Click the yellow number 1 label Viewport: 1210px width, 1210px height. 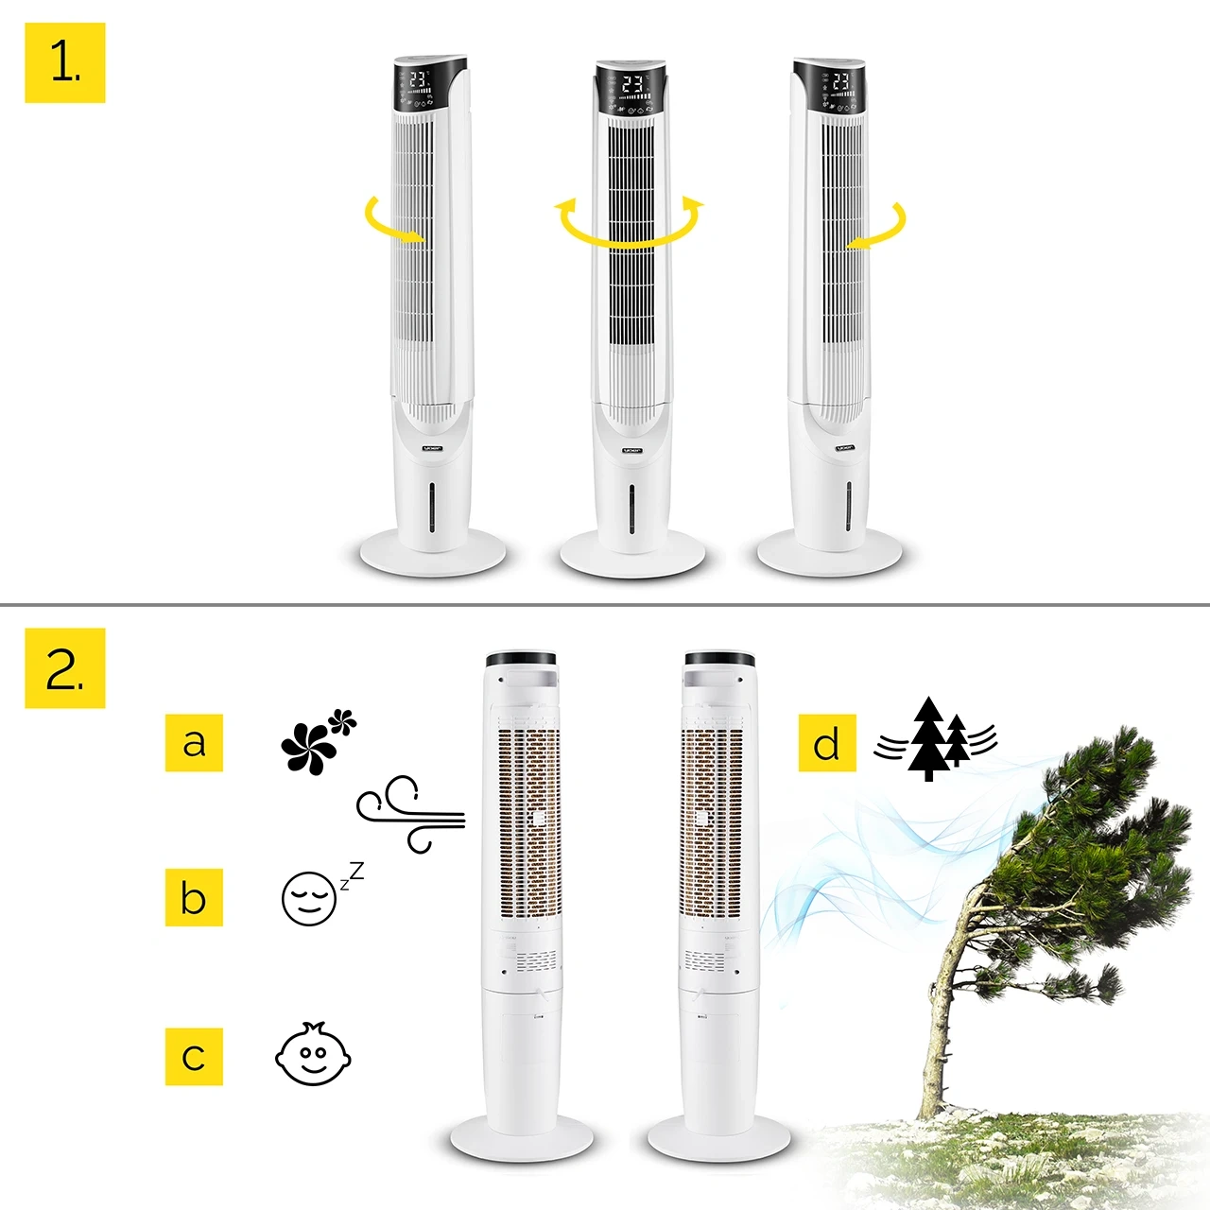coord(64,63)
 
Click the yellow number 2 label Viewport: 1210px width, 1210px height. coord(64,668)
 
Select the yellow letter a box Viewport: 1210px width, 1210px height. coord(194,743)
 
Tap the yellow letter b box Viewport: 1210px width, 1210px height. coord(194,897)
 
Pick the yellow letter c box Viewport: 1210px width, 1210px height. coord(194,1056)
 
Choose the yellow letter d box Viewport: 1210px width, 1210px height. coord(827,743)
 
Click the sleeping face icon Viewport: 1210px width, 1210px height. coord(310,898)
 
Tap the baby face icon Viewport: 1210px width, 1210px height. coord(313,1055)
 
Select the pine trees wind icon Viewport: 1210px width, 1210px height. coord(935,740)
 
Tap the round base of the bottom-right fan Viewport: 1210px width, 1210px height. coord(717,1140)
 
